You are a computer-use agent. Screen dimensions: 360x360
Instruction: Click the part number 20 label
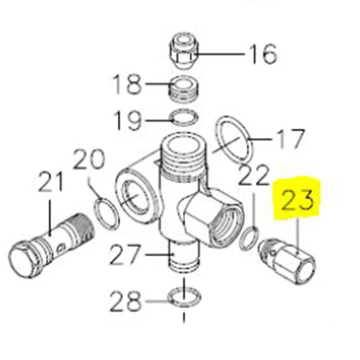[x=90, y=161]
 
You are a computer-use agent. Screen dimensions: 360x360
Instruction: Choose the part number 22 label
[x=254, y=176]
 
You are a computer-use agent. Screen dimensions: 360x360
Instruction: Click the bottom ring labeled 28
[x=185, y=295]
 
